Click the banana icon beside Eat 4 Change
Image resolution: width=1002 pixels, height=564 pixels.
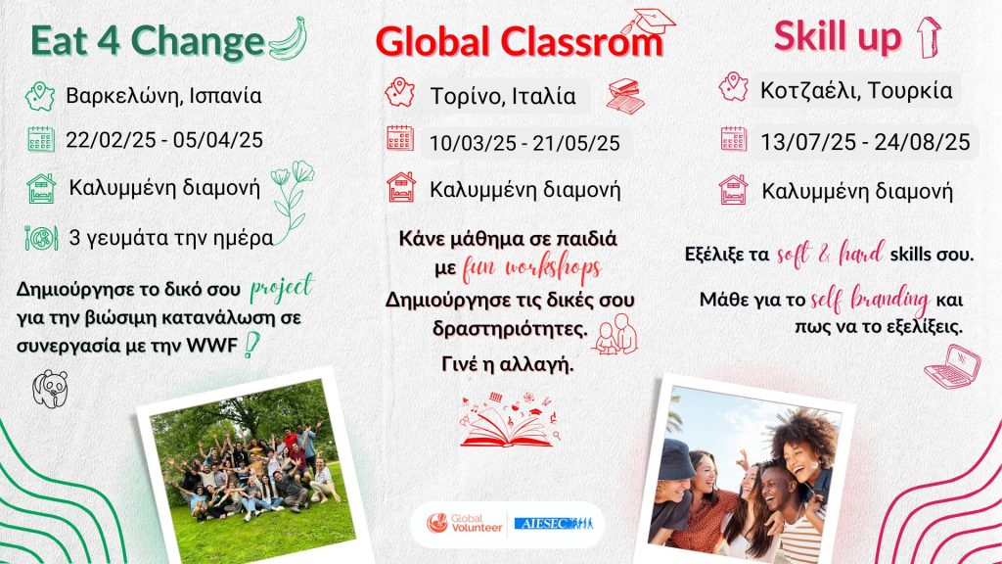(x=289, y=39)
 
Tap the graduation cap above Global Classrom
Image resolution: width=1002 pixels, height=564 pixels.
(x=648, y=23)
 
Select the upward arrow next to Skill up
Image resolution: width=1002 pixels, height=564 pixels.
(x=929, y=36)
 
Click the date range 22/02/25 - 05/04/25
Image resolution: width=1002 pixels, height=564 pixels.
(x=164, y=140)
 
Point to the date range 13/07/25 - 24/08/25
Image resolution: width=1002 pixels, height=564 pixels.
(x=865, y=142)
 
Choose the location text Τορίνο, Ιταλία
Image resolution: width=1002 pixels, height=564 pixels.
(x=503, y=96)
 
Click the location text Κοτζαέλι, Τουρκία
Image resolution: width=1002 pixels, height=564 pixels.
(x=856, y=91)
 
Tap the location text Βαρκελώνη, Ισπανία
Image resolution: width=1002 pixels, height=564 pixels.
(x=163, y=96)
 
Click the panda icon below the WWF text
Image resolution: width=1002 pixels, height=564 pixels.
(x=51, y=388)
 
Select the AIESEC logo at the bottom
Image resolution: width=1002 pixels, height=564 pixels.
(x=554, y=524)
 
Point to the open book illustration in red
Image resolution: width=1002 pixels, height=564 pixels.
(x=509, y=420)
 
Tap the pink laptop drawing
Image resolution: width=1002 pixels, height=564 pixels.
(x=952, y=367)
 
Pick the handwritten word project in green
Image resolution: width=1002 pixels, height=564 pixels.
(x=282, y=289)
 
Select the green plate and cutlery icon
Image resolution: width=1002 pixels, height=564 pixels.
(x=41, y=238)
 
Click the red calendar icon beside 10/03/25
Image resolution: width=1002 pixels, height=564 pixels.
(x=400, y=138)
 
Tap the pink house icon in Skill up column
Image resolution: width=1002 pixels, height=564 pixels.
(x=733, y=189)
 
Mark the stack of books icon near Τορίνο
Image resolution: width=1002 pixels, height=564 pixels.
(x=625, y=96)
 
